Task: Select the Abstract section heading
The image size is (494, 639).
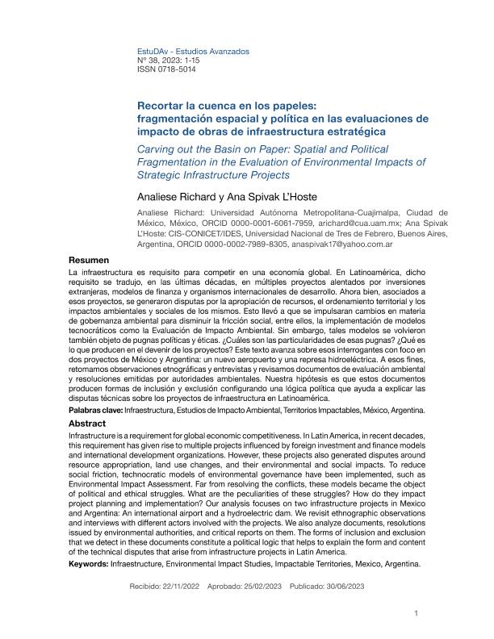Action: coord(87,423)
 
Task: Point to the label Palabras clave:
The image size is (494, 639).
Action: coord(96,411)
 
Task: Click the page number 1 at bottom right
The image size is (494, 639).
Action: coord(415,612)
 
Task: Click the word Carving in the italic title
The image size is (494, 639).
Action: coord(160,149)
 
